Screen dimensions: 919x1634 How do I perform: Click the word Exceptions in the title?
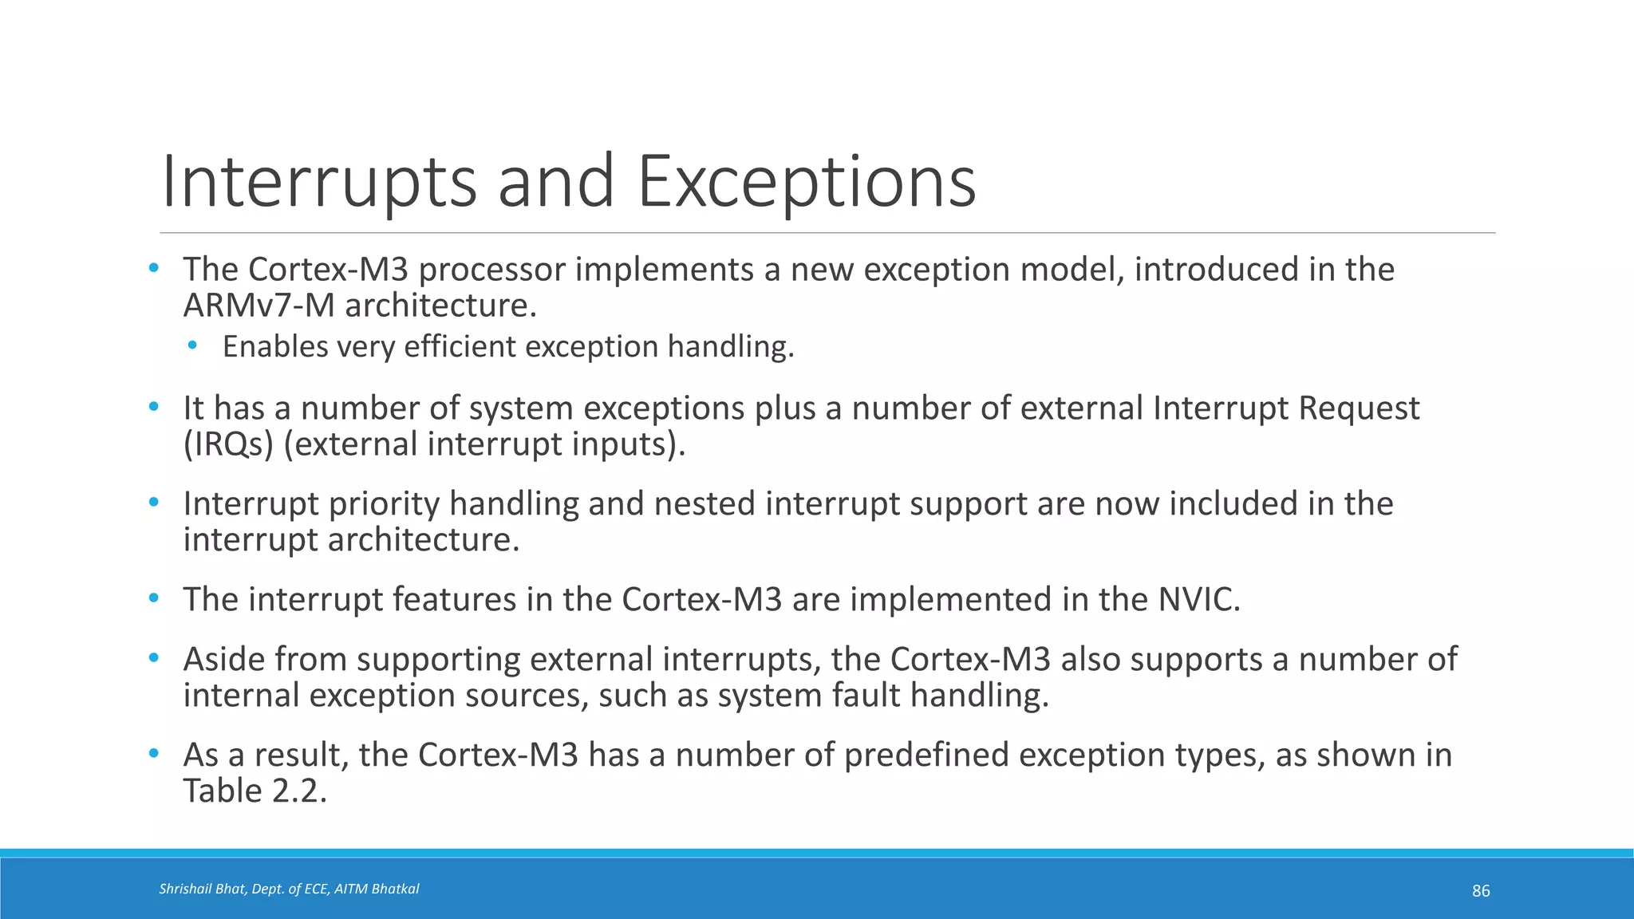(x=806, y=182)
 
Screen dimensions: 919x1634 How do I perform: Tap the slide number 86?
(x=1481, y=891)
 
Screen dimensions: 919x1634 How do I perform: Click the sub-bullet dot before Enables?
(x=192, y=346)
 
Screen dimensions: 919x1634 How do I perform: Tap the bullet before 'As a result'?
(x=154, y=754)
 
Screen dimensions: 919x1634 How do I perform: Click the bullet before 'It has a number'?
(x=154, y=407)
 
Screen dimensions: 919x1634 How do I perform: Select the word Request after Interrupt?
(x=1359, y=408)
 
